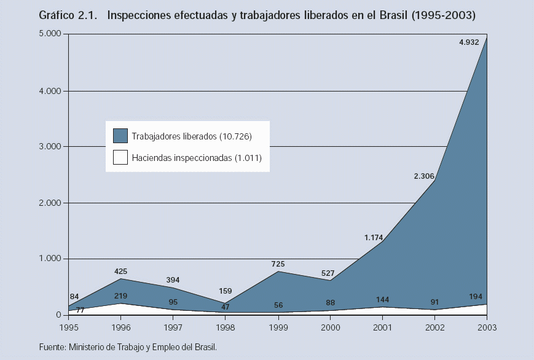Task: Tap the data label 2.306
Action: click(x=424, y=176)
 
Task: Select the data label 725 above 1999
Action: click(x=279, y=264)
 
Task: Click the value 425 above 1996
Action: click(x=121, y=270)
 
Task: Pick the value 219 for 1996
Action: click(x=121, y=295)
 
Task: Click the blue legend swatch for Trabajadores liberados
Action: click(x=120, y=136)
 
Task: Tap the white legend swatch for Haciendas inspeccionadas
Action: click(x=120, y=158)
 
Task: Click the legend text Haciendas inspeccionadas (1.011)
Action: click(x=197, y=158)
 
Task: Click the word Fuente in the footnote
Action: click(x=52, y=347)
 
